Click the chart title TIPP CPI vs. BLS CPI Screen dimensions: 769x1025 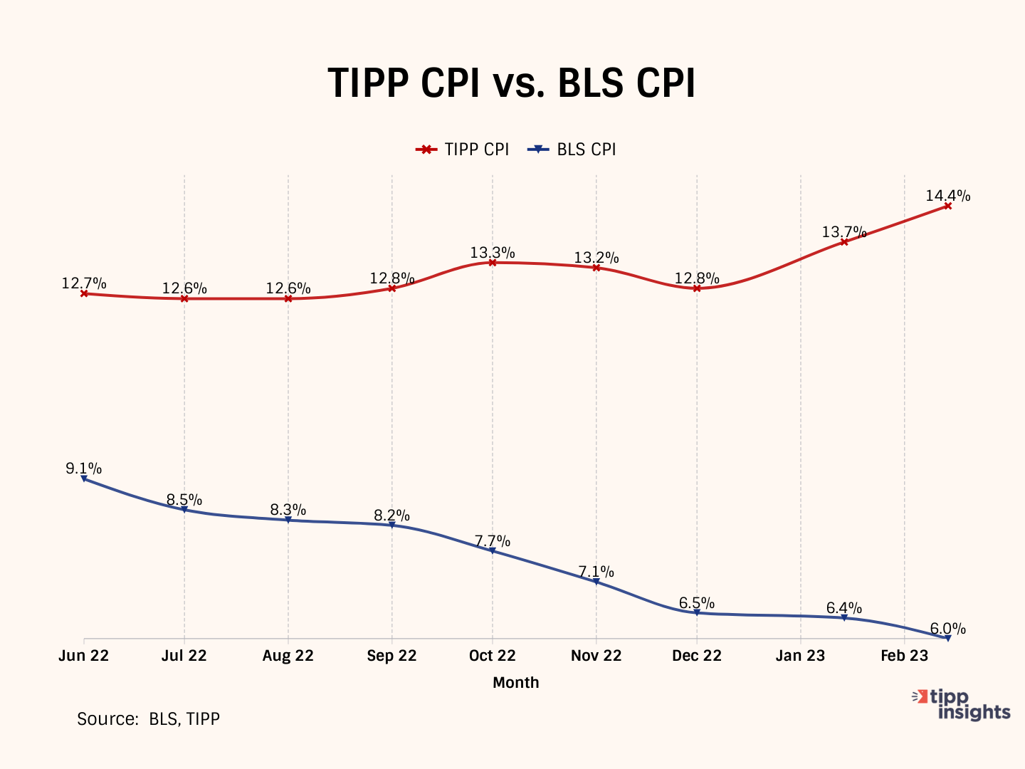click(511, 83)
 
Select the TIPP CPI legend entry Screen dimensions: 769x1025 click(463, 150)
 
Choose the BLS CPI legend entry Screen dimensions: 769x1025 click(572, 150)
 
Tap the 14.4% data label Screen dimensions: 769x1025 click(947, 196)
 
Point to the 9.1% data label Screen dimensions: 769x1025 click(83, 469)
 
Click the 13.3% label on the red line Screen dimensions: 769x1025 click(493, 253)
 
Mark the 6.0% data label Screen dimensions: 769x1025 click(947, 629)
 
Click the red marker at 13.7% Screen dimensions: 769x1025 click(844, 242)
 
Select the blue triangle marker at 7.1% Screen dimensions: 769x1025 click(596, 582)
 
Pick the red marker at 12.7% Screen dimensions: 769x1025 click(84, 293)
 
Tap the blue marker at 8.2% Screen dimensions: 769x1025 click(391, 525)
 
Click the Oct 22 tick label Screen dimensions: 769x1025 click(493, 656)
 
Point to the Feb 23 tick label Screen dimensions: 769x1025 click(904, 656)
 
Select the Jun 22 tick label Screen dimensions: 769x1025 click(84, 656)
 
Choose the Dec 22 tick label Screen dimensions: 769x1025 click(697, 656)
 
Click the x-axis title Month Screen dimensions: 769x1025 click(516, 682)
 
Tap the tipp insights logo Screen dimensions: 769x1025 click(962, 704)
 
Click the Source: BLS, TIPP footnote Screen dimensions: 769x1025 click(148, 719)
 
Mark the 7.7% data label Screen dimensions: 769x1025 click(493, 542)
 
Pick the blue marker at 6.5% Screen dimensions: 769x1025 click(697, 612)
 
